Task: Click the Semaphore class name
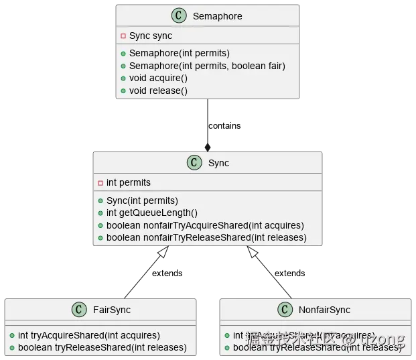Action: [x=217, y=16]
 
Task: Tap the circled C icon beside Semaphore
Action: [x=179, y=16]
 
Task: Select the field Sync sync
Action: [x=150, y=36]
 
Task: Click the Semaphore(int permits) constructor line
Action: [x=179, y=53]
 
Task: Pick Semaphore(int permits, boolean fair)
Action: [x=206, y=66]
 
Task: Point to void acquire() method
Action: [x=158, y=78]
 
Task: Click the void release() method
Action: [x=158, y=91]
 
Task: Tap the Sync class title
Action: [x=218, y=163]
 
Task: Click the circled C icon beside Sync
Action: [x=194, y=163]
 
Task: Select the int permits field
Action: [x=128, y=182]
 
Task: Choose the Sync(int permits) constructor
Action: [x=142, y=200]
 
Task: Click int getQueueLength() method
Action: [x=151, y=213]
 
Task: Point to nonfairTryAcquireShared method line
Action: [x=204, y=225]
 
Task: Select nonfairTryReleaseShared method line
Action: [x=206, y=237]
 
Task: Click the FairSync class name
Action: [x=111, y=310]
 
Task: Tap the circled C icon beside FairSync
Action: [x=79, y=310]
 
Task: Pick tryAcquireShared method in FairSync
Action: [x=88, y=335]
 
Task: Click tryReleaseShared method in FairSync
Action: [x=102, y=348]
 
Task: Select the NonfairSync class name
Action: [x=324, y=310]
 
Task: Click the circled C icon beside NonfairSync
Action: [x=286, y=310]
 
